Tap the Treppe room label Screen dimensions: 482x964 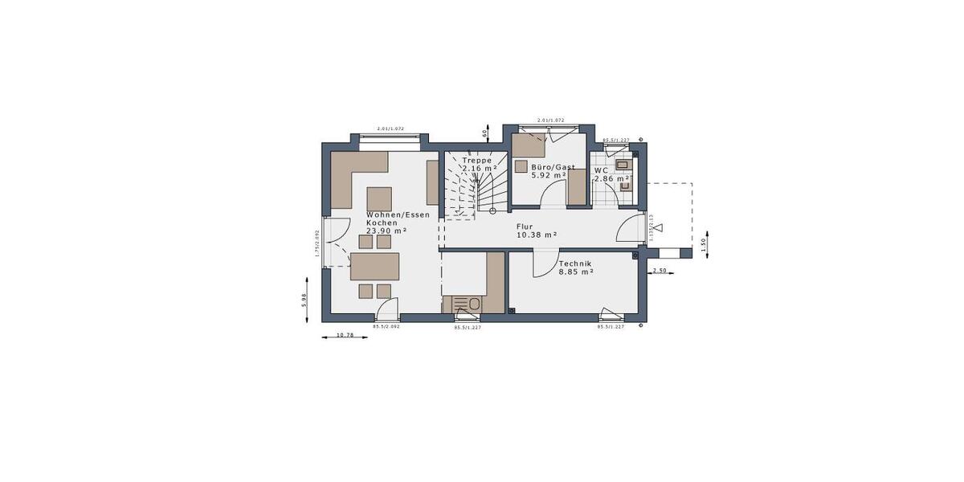pos(476,161)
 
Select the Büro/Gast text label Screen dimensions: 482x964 pos(552,167)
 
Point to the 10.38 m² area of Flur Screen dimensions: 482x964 pos(537,235)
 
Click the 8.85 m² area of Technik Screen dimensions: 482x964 pos(575,272)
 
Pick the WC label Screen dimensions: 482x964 pos(600,170)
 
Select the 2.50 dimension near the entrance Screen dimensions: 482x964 pos(660,272)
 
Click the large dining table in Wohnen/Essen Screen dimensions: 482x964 pos(375,265)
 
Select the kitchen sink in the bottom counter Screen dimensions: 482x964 pos(474,304)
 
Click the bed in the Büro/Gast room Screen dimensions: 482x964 pos(529,145)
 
